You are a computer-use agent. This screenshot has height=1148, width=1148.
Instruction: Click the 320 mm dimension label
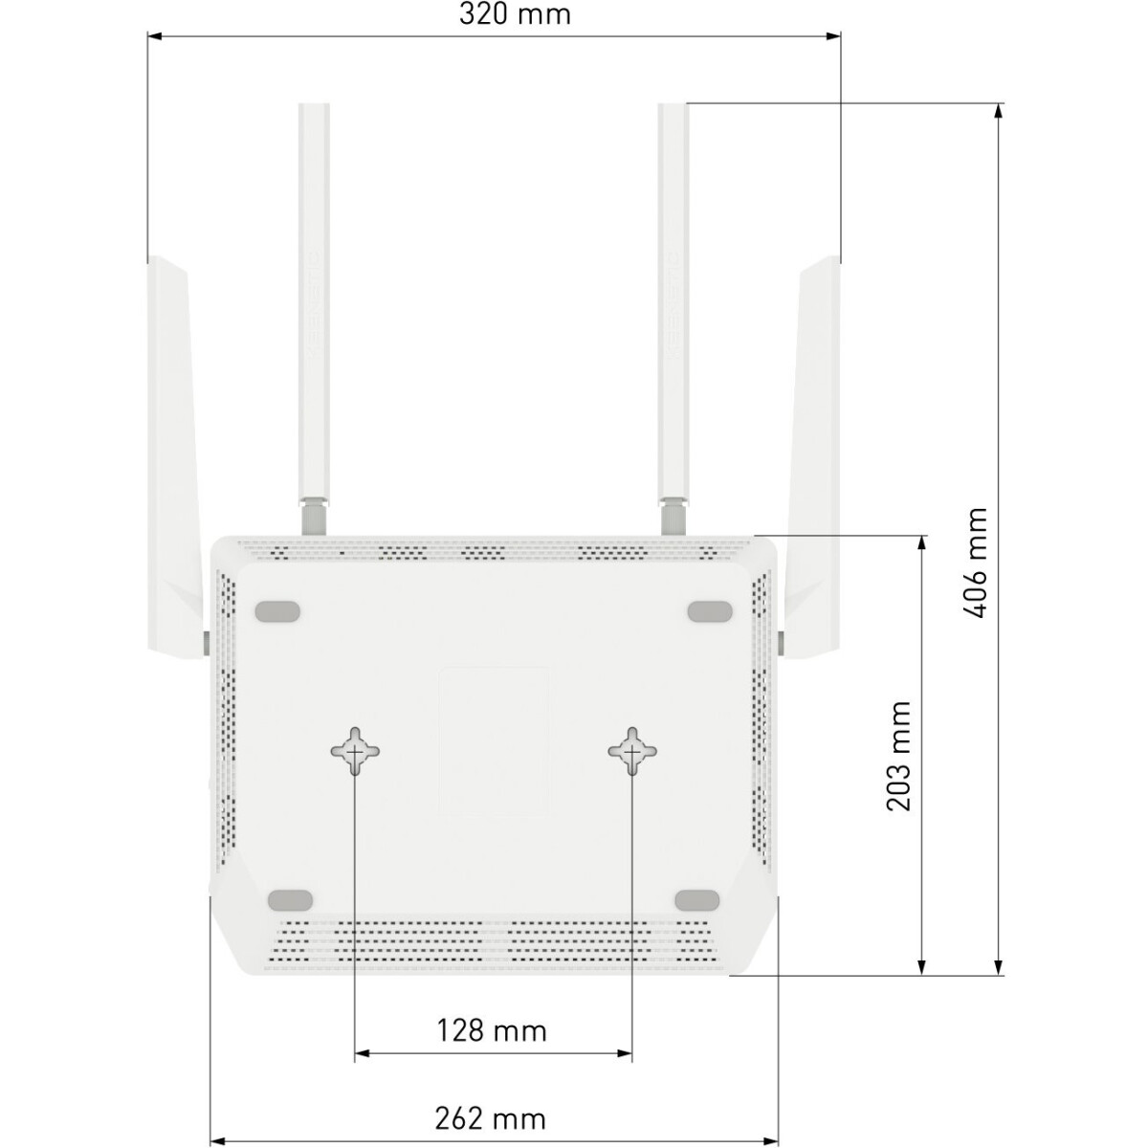coord(514,14)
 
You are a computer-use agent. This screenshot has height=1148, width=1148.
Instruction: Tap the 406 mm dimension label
coord(976,563)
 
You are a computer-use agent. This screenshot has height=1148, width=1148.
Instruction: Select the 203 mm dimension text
coord(899,756)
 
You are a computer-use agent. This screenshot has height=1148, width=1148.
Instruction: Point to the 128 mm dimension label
coord(492,1030)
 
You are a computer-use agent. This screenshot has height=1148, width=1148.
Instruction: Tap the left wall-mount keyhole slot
coord(355,751)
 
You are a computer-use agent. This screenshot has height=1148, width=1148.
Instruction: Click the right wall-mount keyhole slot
coord(632,751)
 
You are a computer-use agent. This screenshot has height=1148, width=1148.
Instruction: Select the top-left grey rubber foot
coord(277,611)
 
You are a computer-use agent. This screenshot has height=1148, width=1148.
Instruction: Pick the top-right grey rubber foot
coord(710,611)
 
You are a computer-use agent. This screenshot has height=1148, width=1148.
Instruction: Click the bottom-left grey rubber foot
coord(290,900)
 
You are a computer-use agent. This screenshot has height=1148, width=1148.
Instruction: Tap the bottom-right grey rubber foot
coord(697,900)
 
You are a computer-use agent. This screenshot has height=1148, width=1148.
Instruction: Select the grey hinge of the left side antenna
coord(206,644)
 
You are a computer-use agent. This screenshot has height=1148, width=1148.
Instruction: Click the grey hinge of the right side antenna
coord(781,644)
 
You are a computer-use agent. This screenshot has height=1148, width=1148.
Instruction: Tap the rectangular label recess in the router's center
coord(494,742)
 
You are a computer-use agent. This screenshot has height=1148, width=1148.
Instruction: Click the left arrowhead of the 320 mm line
coord(154,36)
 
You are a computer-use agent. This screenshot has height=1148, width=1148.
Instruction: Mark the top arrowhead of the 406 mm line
coord(999,111)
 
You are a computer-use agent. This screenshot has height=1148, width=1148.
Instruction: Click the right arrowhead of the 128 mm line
coord(625,1053)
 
